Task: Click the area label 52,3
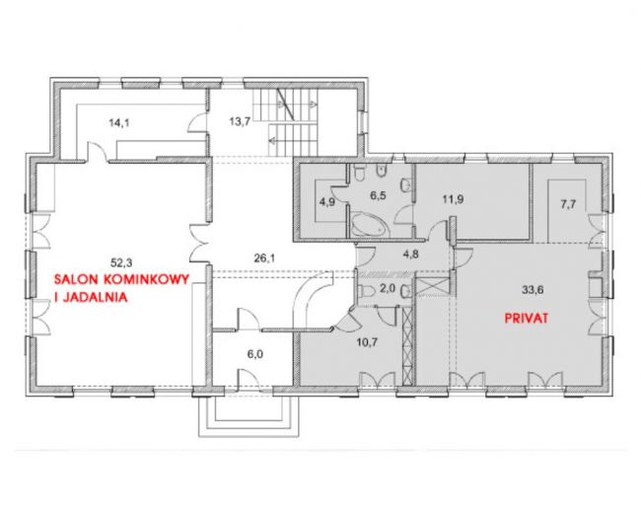[120, 262]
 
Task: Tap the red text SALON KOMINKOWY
[122, 279]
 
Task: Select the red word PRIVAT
[527, 319]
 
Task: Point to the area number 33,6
[533, 290]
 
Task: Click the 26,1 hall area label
[264, 257]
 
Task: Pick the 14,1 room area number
[119, 122]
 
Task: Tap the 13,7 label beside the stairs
[240, 122]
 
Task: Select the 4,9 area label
[327, 202]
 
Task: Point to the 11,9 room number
[453, 199]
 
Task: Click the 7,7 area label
[568, 204]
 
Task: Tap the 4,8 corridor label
[411, 255]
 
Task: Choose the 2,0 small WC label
[388, 288]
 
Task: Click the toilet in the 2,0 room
[367, 291]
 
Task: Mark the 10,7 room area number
[367, 342]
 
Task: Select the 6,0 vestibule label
[254, 354]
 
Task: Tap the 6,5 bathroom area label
[378, 195]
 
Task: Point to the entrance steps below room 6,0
[249, 415]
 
